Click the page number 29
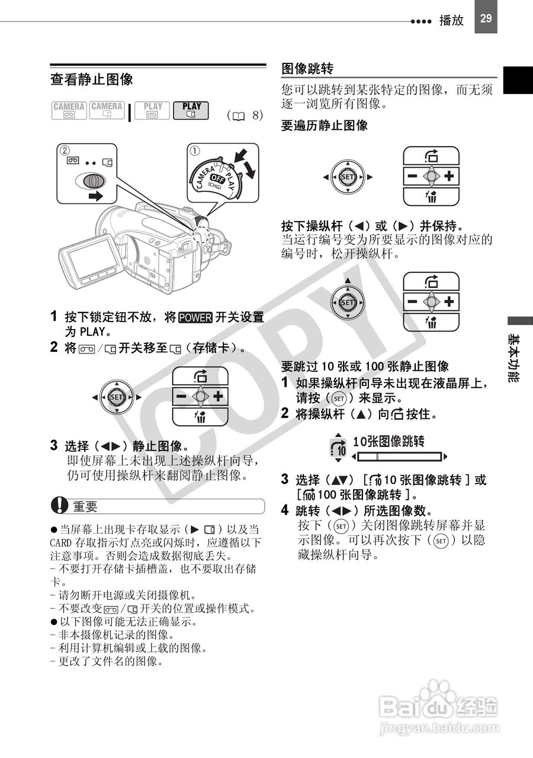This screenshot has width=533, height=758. [486, 18]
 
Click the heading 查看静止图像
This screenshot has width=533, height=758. [92, 79]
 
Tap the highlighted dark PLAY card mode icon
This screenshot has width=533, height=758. [191, 111]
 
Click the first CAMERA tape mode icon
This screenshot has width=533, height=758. [69, 111]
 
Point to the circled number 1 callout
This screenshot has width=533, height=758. [194, 150]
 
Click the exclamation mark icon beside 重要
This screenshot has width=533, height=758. [59, 506]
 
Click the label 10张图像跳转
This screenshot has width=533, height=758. [388, 441]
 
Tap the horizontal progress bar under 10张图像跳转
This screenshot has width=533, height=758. [400, 457]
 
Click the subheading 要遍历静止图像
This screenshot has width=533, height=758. [324, 126]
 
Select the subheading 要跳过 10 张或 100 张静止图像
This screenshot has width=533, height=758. [364, 367]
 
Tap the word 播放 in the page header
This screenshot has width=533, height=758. [451, 20]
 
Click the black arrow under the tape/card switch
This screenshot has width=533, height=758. [92, 197]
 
